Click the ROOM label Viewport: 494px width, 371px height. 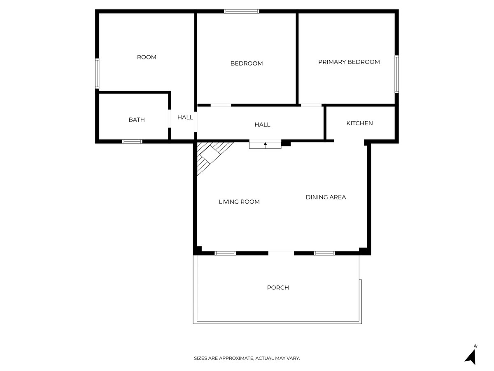147,57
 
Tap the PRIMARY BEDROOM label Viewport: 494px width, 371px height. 349,62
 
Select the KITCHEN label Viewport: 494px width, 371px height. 359,123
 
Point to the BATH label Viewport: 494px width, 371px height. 137,120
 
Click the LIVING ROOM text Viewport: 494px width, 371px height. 239,202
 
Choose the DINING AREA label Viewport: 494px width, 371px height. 326,197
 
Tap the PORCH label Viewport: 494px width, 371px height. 278,288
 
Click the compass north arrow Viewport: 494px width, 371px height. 471,356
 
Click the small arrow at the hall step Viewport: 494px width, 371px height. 265,144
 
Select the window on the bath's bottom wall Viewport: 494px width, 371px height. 132,141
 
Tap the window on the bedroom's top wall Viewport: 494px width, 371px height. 242,11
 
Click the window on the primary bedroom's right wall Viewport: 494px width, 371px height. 397,74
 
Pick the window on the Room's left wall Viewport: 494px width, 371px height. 97,73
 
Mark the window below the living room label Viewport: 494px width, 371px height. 225,253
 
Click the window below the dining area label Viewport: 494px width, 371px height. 324,253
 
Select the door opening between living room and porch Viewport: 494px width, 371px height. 281,253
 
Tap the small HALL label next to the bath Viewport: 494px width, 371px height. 185,117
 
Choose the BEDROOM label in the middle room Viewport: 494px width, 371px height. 246,63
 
